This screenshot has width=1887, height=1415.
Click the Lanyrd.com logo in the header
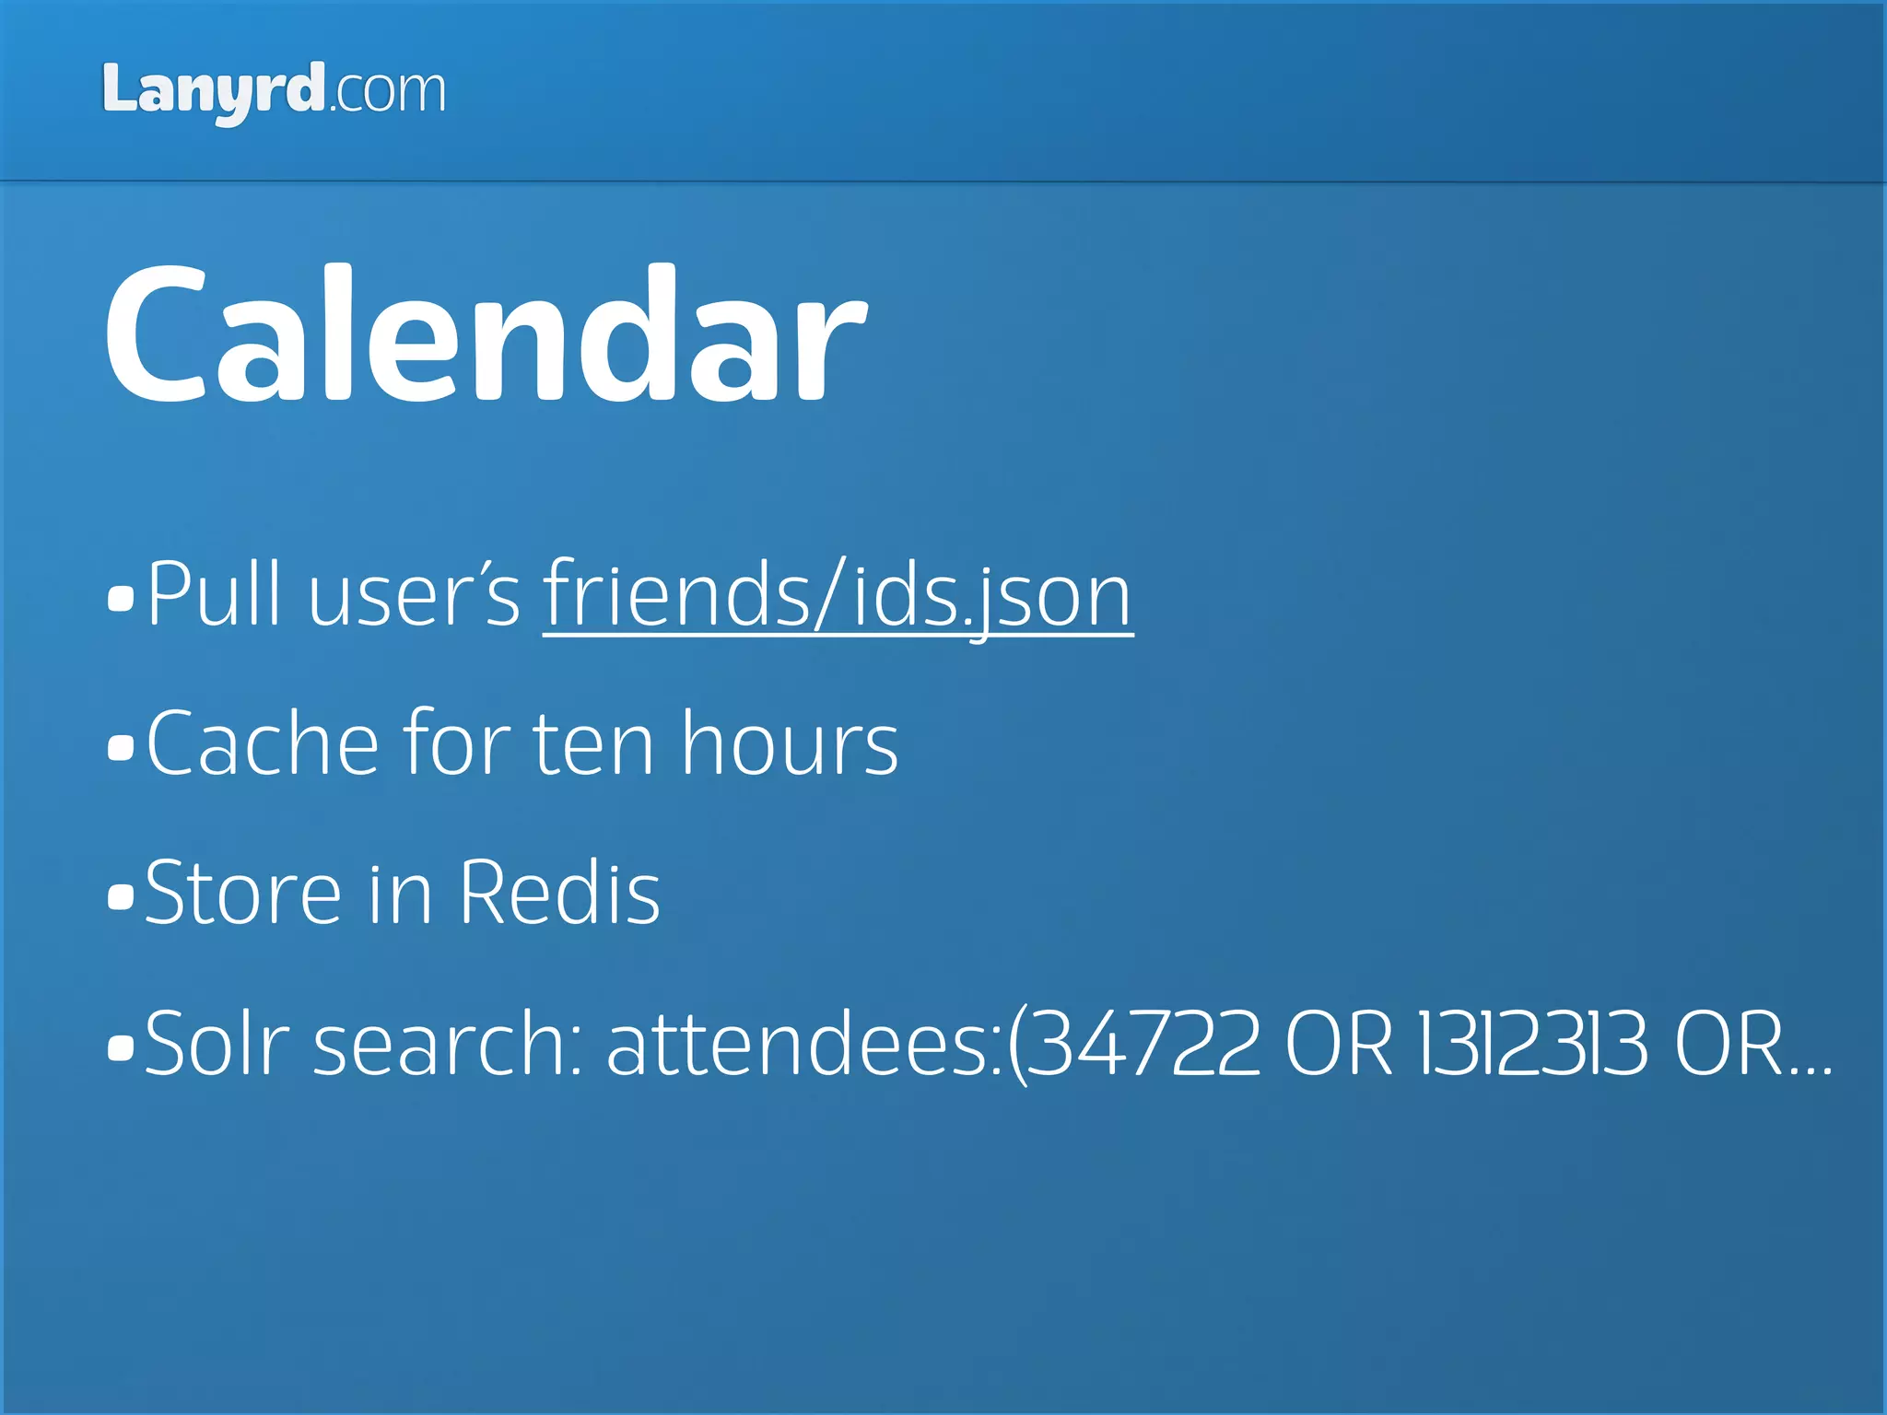[x=274, y=92]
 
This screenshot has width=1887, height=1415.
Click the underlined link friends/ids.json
[x=837, y=597]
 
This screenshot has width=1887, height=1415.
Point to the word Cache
[x=263, y=744]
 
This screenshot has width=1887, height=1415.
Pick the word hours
[x=789, y=744]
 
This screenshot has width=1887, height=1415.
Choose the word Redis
[x=559, y=894]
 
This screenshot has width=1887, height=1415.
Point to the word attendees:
[x=803, y=1045]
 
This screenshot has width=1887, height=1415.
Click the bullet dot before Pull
[x=121, y=599]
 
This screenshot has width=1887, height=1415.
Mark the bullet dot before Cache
[x=121, y=748]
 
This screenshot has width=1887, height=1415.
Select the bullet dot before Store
[x=121, y=897]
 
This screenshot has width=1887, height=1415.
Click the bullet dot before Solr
[x=121, y=1047]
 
